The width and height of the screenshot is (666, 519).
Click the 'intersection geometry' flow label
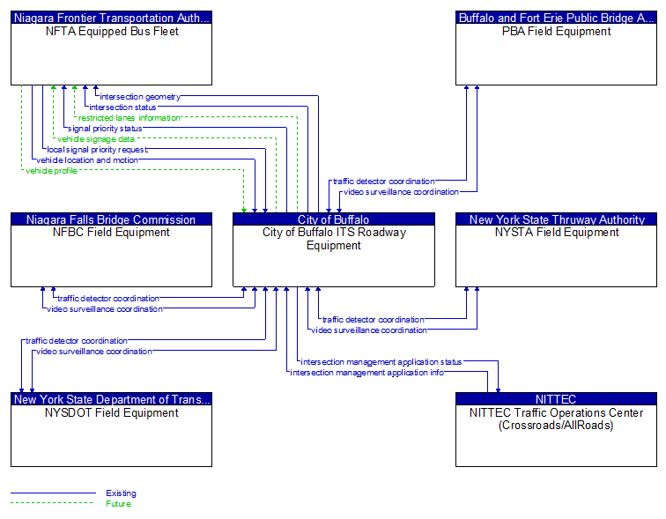click(x=139, y=97)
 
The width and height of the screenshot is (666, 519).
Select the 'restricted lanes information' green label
click(x=129, y=118)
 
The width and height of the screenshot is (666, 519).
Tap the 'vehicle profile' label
click(x=51, y=171)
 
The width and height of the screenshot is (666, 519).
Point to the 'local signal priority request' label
click(x=97, y=150)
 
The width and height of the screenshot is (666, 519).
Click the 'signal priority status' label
click(x=105, y=129)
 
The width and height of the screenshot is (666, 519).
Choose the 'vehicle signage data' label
click(x=95, y=139)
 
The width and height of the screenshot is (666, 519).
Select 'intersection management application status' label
click(x=381, y=362)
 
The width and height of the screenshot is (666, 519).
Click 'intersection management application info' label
click(x=366, y=373)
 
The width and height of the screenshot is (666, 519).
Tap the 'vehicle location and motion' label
click(x=86, y=160)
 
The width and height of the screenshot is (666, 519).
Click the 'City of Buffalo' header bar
click(x=333, y=219)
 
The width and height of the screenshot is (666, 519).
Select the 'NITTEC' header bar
click(x=555, y=399)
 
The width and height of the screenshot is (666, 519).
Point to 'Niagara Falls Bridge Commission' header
click(x=111, y=219)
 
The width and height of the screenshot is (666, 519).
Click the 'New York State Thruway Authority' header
click(x=556, y=219)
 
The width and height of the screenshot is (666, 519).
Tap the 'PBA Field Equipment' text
click(x=556, y=32)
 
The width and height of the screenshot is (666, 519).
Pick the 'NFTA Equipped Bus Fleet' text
click(x=111, y=32)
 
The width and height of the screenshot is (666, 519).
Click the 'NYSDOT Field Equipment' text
click(x=111, y=412)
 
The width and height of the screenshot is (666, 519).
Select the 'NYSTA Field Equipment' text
click(x=556, y=233)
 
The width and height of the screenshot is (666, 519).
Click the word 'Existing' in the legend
click(x=121, y=493)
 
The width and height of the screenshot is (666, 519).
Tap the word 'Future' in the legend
click(x=118, y=504)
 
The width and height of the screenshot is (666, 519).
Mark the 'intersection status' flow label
click(x=122, y=108)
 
